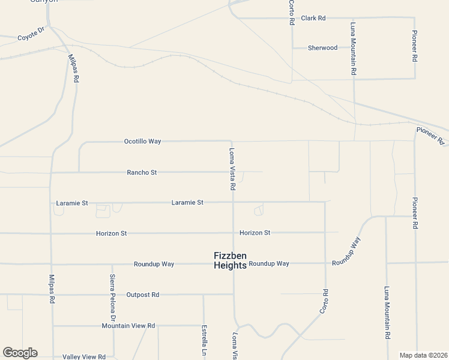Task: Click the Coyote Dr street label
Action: point(32,34)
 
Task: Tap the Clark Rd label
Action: point(313,19)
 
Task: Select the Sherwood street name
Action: point(322,48)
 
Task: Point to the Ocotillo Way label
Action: point(142,142)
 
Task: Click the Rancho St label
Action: point(142,173)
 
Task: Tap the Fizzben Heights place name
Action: point(230,260)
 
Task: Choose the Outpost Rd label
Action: point(142,295)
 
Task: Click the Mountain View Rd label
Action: point(128,326)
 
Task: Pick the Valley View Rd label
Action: point(84,357)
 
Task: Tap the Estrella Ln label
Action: point(204,340)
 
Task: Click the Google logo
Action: point(20,353)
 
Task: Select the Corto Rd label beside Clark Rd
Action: point(292,13)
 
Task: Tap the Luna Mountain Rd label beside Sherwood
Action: point(354,49)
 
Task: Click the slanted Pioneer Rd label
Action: point(430,136)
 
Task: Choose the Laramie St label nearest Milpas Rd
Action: point(72,203)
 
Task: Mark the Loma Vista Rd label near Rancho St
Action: point(232,169)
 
